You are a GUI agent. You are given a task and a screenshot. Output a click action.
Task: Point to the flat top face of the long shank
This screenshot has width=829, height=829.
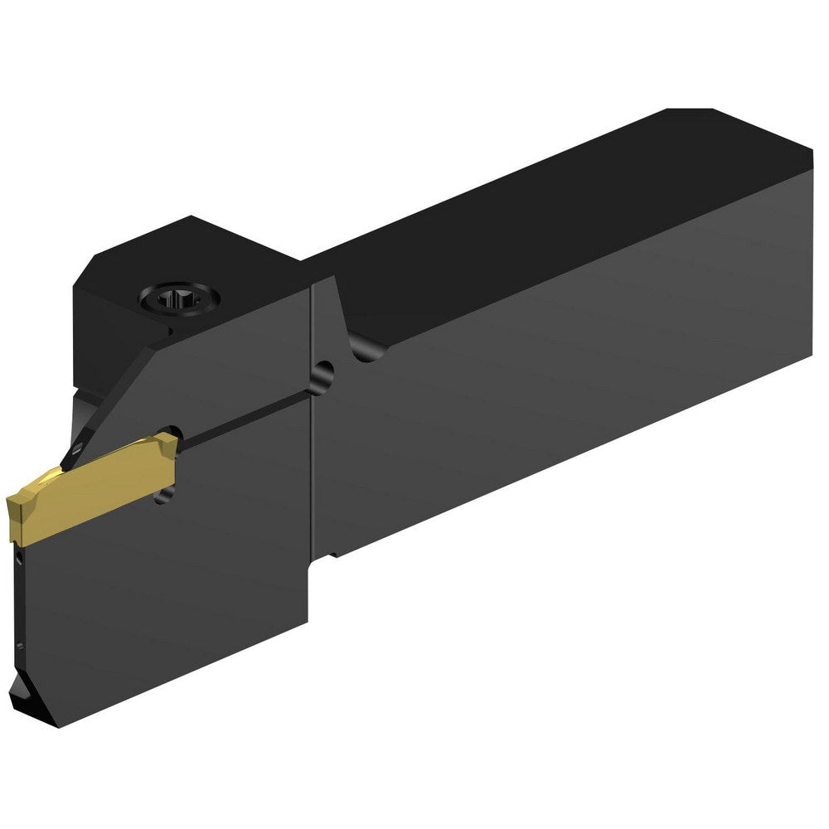(x=531, y=216)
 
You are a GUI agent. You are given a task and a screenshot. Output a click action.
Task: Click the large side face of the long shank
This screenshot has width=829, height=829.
(x=564, y=373)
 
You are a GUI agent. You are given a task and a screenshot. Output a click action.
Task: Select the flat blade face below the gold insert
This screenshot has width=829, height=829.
(x=166, y=597)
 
